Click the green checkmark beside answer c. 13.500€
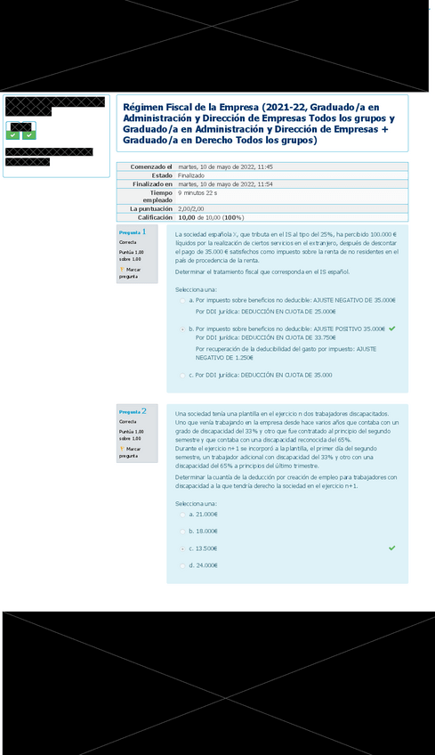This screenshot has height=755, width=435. tap(392, 548)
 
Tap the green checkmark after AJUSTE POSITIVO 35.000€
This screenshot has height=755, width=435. tap(392, 329)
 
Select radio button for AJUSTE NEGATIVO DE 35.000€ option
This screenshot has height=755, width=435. tap(183, 300)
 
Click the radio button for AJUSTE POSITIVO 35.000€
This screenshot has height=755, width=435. tap(183, 329)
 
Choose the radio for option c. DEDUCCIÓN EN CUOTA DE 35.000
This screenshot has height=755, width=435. tap(183, 375)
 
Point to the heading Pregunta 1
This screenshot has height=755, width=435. tap(138, 231)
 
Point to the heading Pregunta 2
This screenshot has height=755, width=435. tap(138, 411)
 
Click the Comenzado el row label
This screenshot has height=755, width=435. tap(150, 166)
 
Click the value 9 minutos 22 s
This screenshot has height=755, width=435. tap(197, 192)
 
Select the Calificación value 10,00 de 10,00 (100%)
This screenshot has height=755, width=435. tap(211, 216)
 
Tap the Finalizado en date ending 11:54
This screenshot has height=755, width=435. tap(225, 183)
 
